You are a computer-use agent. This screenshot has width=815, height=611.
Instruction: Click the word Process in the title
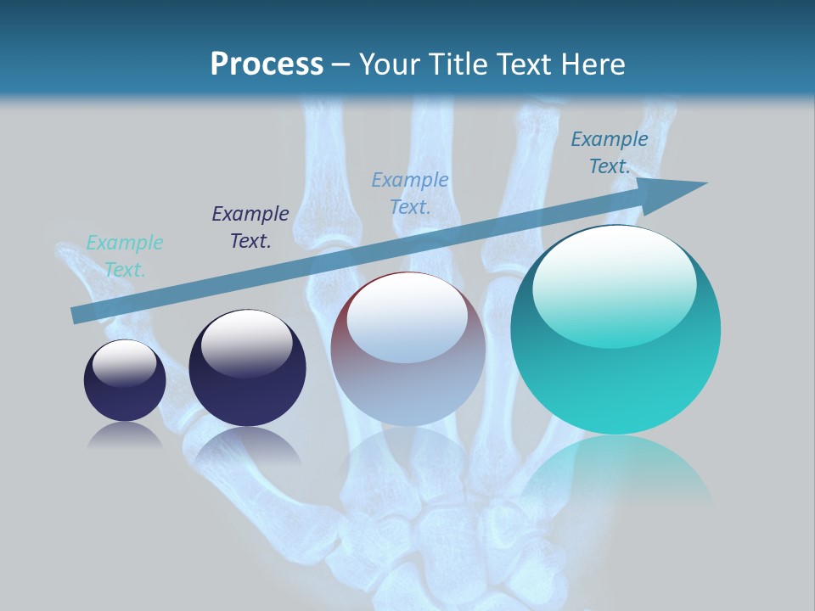point(267,64)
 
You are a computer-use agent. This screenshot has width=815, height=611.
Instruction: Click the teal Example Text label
point(125,256)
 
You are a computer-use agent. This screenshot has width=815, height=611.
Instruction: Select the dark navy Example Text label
point(250,227)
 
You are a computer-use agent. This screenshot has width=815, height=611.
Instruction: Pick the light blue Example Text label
point(410,193)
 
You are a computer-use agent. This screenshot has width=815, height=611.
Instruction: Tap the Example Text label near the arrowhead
point(610,153)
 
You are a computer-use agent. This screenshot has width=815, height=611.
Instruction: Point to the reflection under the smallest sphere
point(125,436)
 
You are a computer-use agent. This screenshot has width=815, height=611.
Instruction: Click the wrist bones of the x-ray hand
point(450,543)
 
